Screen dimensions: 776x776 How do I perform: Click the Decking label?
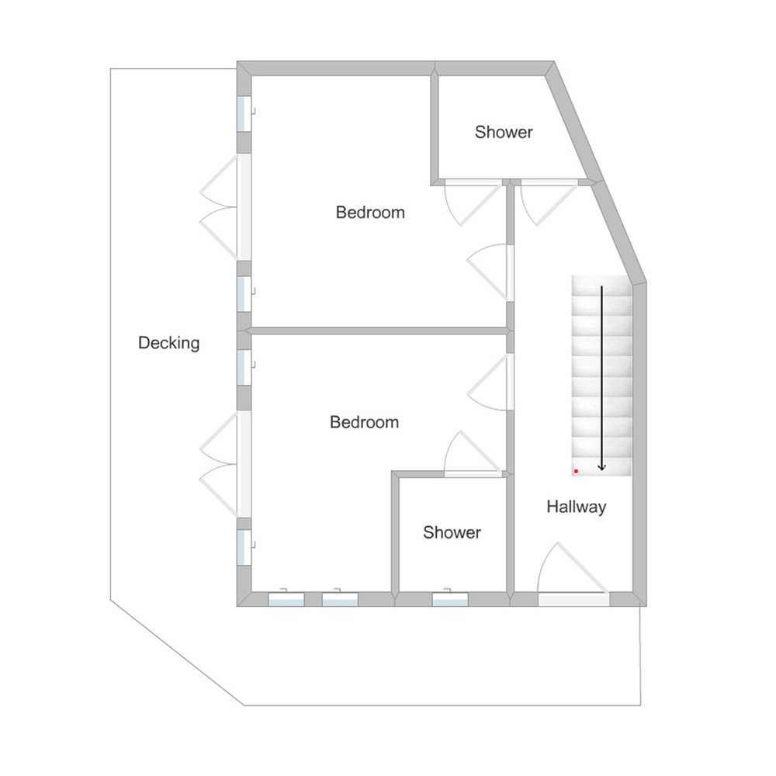point(168,343)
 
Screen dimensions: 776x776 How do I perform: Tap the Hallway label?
point(577,507)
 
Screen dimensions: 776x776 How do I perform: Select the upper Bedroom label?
point(370,213)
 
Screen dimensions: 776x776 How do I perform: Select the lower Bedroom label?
point(364,422)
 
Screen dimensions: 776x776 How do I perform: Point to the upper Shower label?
point(504,132)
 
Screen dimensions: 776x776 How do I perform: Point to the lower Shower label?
point(452,532)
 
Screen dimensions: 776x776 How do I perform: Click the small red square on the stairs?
point(576,471)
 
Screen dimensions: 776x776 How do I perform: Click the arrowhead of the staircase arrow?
point(602,466)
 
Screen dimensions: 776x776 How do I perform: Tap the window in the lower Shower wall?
point(450,598)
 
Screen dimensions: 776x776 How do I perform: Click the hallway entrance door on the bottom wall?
point(573,574)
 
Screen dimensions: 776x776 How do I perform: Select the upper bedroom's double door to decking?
point(226,207)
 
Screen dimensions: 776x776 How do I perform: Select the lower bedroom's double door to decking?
point(226,464)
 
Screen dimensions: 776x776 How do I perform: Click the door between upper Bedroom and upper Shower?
point(473,203)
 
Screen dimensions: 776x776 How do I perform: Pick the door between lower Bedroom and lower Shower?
point(473,454)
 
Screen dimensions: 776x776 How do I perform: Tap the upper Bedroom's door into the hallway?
point(490,272)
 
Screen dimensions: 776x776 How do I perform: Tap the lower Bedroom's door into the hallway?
point(490,382)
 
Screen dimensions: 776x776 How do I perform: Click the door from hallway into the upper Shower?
point(549,203)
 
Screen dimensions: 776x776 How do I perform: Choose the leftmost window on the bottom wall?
point(286,598)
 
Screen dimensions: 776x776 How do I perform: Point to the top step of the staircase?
point(602,286)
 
